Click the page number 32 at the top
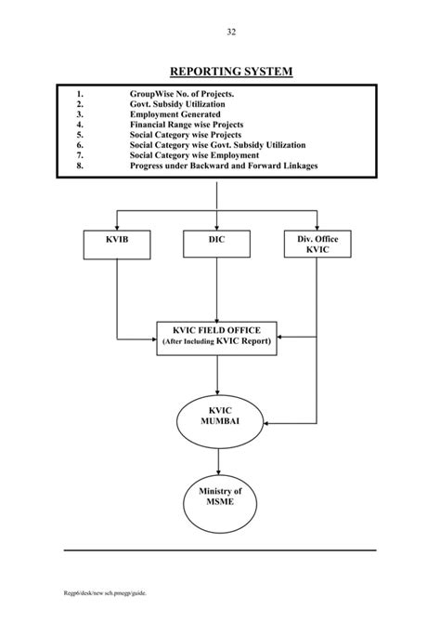(230, 33)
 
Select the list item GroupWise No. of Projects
(182, 94)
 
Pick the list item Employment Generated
(175, 114)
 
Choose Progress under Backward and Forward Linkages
(223, 166)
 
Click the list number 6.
(81, 145)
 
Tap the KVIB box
(116, 245)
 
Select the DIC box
(217, 245)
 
